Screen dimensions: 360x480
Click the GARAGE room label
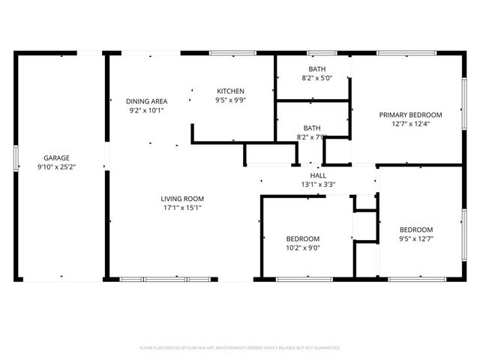pyautogui.click(x=56, y=157)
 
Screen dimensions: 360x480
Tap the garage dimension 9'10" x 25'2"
pyautogui.click(x=56, y=166)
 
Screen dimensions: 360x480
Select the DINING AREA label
pyautogui.click(x=146, y=101)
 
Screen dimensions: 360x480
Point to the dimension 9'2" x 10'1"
pyautogui.click(x=146, y=110)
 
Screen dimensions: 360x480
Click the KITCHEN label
pyautogui.click(x=231, y=91)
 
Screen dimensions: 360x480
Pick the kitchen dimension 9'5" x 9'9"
pyautogui.click(x=231, y=100)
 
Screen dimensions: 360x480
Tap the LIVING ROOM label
pyautogui.click(x=182, y=199)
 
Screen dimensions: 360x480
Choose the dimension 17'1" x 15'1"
pyautogui.click(x=182, y=208)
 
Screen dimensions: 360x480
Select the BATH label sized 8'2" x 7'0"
pyautogui.click(x=312, y=127)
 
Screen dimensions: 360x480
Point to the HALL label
pyautogui.click(x=318, y=175)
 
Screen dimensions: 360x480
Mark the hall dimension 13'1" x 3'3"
pyautogui.click(x=318, y=184)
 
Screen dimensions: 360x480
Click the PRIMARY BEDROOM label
pyautogui.click(x=410, y=115)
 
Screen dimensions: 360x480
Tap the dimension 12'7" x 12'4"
pyautogui.click(x=410, y=124)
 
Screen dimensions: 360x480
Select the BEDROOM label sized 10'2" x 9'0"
pyautogui.click(x=303, y=238)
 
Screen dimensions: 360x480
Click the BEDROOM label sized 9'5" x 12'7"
pyautogui.click(x=416, y=229)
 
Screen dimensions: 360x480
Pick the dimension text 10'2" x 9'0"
pyautogui.click(x=303, y=247)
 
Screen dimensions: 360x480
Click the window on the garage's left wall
pyautogui.click(x=16, y=159)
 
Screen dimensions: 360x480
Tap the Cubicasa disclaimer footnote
pyautogui.click(x=240, y=348)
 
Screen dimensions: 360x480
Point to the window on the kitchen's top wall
pyautogui.click(x=222, y=53)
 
